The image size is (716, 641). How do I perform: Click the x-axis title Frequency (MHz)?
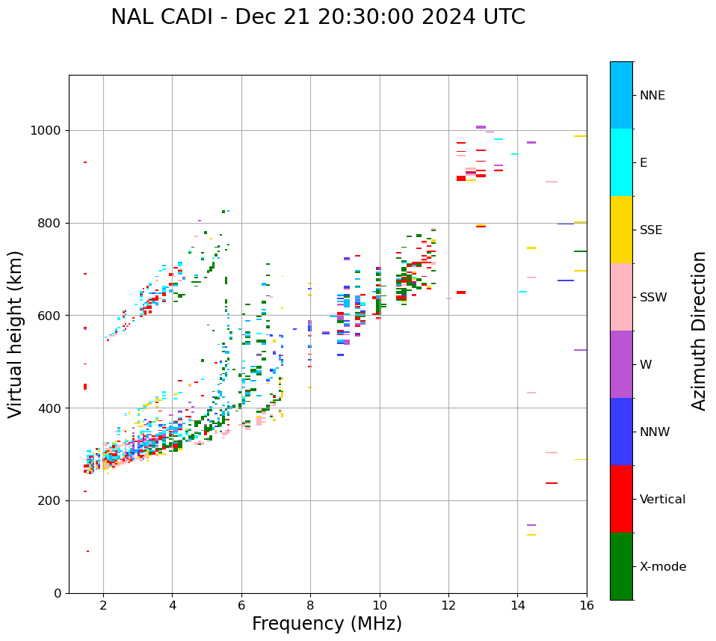(x=327, y=624)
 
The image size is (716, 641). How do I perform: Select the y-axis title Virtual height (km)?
(x=16, y=334)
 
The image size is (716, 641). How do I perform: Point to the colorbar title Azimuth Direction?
(x=699, y=331)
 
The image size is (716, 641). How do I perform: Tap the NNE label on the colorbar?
(x=652, y=96)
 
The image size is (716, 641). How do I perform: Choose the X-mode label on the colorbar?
(x=662, y=567)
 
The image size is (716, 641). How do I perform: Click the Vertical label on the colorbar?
(x=662, y=500)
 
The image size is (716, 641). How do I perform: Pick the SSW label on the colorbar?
(x=652, y=298)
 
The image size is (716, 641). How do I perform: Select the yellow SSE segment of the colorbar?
(x=621, y=230)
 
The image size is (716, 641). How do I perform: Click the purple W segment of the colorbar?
(x=621, y=364)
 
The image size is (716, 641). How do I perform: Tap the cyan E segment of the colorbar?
(x=621, y=162)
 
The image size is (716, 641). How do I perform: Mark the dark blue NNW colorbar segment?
(x=621, y=432)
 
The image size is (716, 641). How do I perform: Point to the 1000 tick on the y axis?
(x=47, y=130)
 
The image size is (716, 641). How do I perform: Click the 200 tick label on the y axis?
(x=51, y=500)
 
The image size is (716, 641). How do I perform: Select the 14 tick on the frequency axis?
(x=517, y=605)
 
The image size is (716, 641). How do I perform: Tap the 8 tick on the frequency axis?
(x=310, y=605)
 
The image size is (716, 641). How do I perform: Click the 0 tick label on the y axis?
(x=58, y=593)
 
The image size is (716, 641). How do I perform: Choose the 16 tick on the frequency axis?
(x=586, y=605)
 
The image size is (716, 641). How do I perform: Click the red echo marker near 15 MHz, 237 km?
(x=552, y=483)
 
